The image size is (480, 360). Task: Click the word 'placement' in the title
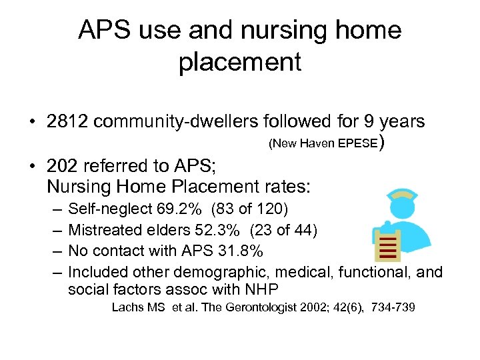pyautogui.click(x=240, y=62)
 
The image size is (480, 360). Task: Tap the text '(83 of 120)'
pyautogui.click(x=250, y=210)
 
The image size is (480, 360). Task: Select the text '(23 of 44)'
pyautogui.click(x=284, y=231)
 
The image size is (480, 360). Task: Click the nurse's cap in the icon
pyautogui.click(x=398, y=193)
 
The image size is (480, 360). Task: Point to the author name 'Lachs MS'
pyautogui.click(x=133, y=307)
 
